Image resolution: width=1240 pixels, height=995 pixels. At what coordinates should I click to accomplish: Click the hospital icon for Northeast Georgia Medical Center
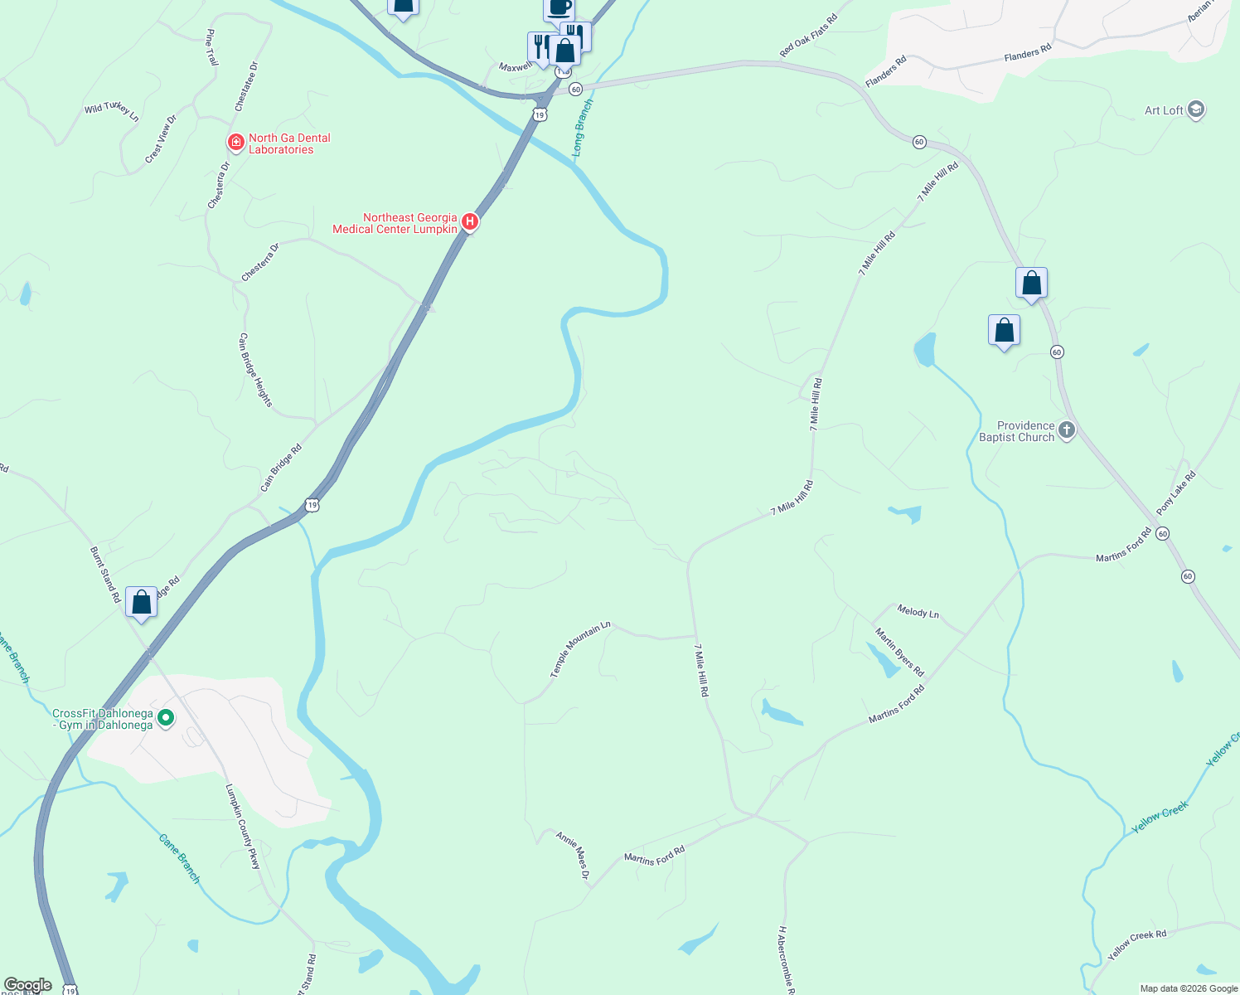(469, 221)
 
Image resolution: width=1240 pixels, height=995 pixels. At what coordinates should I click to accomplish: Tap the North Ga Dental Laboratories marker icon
(236, 143)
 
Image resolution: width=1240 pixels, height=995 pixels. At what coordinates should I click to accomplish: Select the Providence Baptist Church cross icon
(1067, 430)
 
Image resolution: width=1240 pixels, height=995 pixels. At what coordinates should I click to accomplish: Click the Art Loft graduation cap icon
(1195, 109)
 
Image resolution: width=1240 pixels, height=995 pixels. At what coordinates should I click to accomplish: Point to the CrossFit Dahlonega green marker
(166, 718)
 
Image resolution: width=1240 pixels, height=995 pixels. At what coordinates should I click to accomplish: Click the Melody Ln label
(918, 612)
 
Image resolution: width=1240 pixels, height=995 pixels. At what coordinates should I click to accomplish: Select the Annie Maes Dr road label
(573, 855)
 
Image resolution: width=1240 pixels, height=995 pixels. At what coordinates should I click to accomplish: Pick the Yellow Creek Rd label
(1136, 944)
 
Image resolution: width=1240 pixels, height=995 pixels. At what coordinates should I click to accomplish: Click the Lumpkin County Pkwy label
(243, 827)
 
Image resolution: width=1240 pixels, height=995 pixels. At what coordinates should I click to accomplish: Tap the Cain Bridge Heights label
(254, 370)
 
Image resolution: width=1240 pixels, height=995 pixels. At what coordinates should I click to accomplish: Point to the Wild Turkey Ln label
(111, 111)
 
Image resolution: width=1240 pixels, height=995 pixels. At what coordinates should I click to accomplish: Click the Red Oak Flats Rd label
(808, 36)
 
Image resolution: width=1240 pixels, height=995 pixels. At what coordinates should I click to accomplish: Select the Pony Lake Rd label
(1176, 493)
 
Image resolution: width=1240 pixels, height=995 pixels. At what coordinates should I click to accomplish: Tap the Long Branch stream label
(582, 128)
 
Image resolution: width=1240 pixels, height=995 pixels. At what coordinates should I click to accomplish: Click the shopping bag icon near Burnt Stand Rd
(141, 601)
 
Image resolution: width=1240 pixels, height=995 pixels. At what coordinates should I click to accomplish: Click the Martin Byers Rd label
(899, 652)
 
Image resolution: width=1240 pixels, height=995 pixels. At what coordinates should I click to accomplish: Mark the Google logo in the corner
(28, 985)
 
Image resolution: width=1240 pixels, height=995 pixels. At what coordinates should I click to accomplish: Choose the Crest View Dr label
(161, 139)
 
